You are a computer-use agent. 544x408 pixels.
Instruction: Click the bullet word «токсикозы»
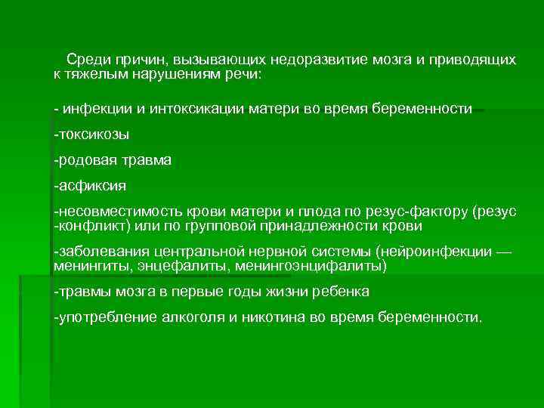93,134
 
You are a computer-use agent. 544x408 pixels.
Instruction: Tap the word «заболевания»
97,252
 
